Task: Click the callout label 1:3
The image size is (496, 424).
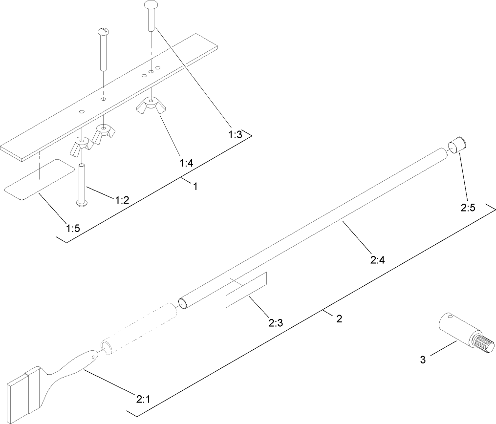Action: click(235, 135)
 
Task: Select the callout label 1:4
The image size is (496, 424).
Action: click(186, 163)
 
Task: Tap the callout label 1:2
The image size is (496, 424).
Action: click(122, 199)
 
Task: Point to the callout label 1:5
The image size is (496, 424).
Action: click(73, 228)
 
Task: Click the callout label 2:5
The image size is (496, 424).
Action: click(468, 207)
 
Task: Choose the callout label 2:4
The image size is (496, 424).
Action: click(378, 260)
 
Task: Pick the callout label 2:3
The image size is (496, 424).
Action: click(276, 322)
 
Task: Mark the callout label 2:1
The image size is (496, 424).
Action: click(142, 399)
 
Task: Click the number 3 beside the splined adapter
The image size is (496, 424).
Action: click(423, 360)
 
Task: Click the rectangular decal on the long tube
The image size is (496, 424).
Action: click(246, 290)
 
